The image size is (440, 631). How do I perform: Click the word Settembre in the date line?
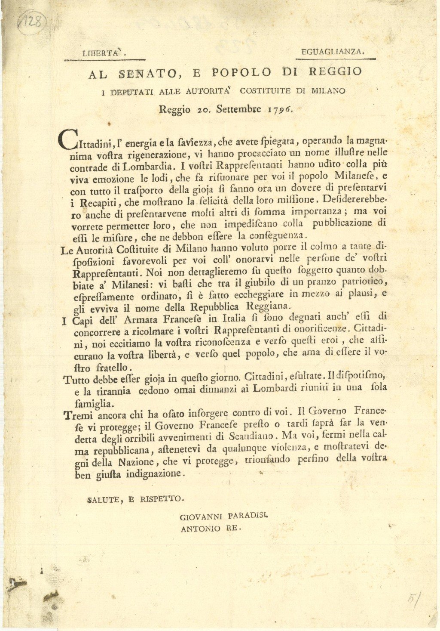point(238,109)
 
